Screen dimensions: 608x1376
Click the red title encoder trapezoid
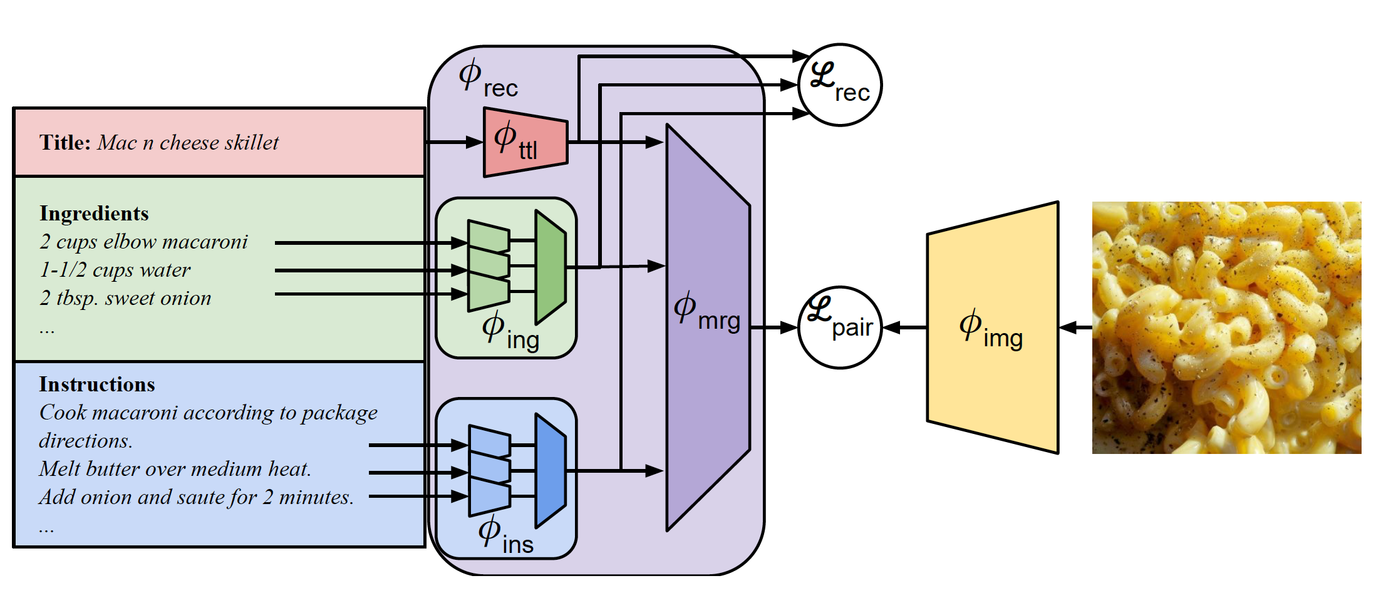click(525, 142)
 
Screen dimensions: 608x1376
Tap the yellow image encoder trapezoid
click(993, 327)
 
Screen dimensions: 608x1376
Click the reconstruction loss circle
click(840, 85)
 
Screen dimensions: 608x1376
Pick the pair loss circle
click(840, 327)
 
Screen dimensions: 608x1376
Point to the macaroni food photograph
click(1226, 327)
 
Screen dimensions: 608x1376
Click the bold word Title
click(65, 143)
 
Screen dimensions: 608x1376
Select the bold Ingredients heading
click(94, 214)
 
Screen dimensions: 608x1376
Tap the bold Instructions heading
click(97, 384)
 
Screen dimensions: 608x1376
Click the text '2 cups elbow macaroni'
click(143, 242)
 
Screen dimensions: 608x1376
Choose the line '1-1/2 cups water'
click(115, 270)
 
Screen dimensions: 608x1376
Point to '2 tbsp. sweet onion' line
click(125, 298)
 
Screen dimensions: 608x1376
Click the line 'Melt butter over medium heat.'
click(175, 469)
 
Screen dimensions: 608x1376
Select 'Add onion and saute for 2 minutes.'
click(196, 497)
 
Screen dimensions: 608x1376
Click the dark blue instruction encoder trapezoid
click(550, 470)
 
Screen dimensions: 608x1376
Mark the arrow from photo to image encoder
click(1075, 327)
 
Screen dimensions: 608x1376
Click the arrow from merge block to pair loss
click(774, 327)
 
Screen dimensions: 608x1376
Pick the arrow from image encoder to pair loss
click(904, 327)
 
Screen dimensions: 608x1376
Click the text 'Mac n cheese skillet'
click(188, 143)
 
